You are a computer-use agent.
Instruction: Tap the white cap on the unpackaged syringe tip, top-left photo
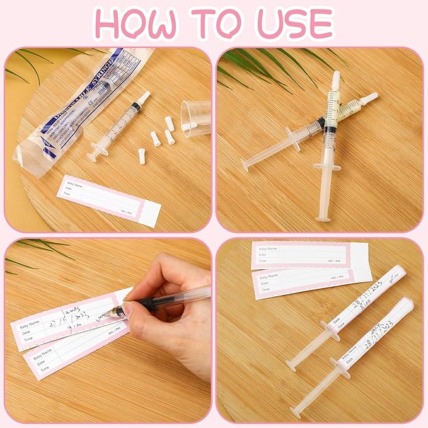click(x=143, y=98)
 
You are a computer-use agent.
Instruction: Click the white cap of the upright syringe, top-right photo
click(x=335, y=79)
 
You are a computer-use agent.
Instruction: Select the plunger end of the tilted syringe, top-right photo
click(x=246, y=165)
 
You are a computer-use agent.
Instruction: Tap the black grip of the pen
click(x=148, y=303)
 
